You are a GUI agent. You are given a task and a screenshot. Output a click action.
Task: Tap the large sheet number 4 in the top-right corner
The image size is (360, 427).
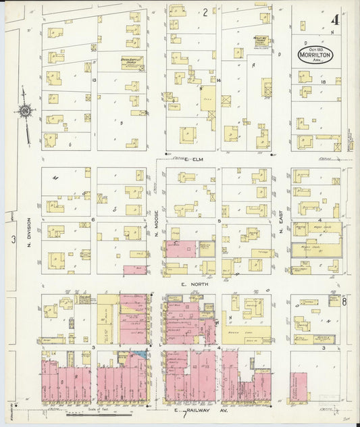(334, 19)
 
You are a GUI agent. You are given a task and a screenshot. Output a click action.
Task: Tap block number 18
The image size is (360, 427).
(324, 81)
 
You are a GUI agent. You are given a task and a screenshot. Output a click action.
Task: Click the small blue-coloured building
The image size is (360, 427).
(140, 353)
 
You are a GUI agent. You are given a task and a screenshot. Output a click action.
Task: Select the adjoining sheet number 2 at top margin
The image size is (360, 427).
(205, 12)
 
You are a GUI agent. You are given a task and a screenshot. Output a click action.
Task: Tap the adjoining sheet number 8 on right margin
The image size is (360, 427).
(345, 302)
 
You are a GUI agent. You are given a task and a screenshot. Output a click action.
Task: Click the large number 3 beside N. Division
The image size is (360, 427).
(12, 239)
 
